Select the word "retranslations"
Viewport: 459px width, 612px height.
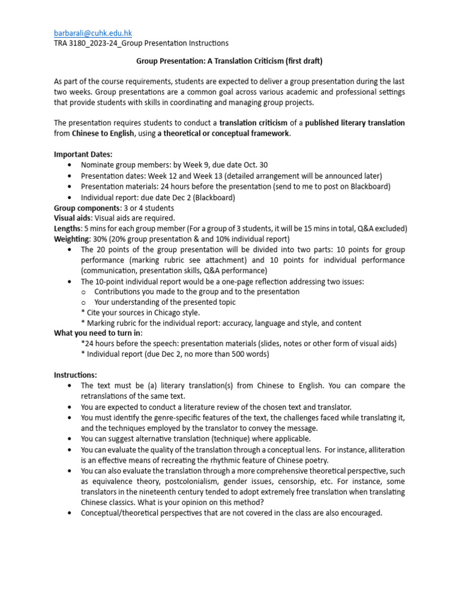pos(108,396)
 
